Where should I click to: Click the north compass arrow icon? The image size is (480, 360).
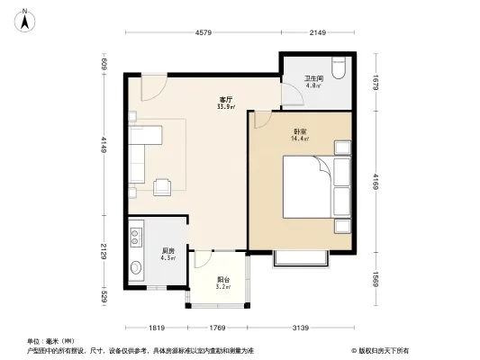(25, 15)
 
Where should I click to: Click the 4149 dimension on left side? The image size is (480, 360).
(104, 144)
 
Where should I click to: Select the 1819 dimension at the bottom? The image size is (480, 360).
(156, 327)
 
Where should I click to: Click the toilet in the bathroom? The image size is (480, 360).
(338, 69)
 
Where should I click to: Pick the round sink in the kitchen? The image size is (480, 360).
(137, 266)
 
